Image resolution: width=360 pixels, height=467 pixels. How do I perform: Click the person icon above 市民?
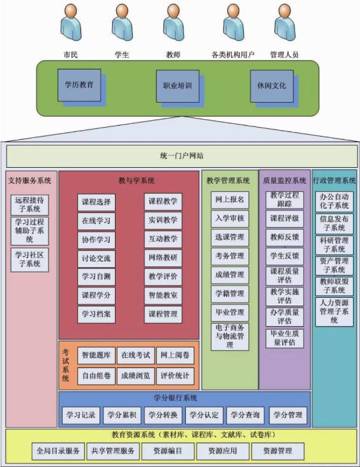(x=71, y=22)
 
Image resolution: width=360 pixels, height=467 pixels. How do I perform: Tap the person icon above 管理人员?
(x=285, y=22)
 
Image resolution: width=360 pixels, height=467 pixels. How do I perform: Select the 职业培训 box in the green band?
(x=177, y=86)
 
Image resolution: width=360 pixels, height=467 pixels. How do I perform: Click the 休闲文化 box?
(x=271, y=86)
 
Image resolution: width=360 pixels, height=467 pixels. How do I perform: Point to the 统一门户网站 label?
(x=181, y=156)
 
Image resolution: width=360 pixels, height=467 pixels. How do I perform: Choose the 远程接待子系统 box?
(x=29, y=205)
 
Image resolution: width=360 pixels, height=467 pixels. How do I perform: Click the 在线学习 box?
(x=96, y=221)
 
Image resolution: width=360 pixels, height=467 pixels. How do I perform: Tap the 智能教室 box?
(x=163, y=295)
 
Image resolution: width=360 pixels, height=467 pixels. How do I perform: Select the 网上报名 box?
(x=230, y=200)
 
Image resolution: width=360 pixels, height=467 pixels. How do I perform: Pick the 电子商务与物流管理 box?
(x=230, y=337)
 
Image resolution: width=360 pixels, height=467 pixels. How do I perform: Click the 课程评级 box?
(x=285, y=218)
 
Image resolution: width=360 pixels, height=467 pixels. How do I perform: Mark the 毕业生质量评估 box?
(x=285, y=338)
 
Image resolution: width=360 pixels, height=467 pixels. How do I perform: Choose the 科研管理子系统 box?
(x=334, y=245)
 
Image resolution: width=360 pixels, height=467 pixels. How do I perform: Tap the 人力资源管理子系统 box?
(x=334, y=312)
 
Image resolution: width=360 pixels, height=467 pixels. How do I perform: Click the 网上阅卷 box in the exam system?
(x=176, y=355)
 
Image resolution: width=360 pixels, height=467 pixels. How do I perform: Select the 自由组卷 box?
(x=96, y=376)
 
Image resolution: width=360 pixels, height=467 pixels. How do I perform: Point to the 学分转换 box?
(x=163, y=415)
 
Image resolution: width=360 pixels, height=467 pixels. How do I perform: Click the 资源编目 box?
(x=168, y=451)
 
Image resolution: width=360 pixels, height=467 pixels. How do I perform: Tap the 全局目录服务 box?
(x=59, y=451)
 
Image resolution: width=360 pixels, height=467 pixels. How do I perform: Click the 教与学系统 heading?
(x=137, y=181)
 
